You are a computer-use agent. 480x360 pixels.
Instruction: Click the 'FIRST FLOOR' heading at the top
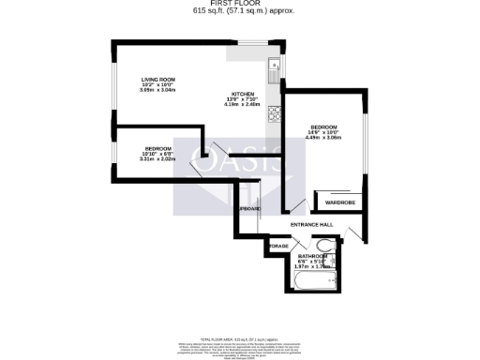tap(239, 4)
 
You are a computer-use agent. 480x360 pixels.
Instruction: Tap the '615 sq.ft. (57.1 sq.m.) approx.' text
tap(239, 11)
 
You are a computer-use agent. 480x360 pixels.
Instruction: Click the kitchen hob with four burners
tap(275, 115)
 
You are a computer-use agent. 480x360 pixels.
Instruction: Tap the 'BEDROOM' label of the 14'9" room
tap(323, 127)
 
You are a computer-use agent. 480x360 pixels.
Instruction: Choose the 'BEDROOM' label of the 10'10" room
tap(157, 148)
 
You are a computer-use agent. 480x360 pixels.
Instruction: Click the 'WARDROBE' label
tap(339, 202)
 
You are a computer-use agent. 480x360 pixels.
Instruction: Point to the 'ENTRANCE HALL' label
tap(312, 225)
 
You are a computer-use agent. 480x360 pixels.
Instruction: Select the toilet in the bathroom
tap(323, 247)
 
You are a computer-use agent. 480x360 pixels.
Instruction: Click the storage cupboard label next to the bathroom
tap(278, 246)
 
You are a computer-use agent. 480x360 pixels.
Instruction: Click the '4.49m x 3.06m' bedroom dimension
tap(323, 138)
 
